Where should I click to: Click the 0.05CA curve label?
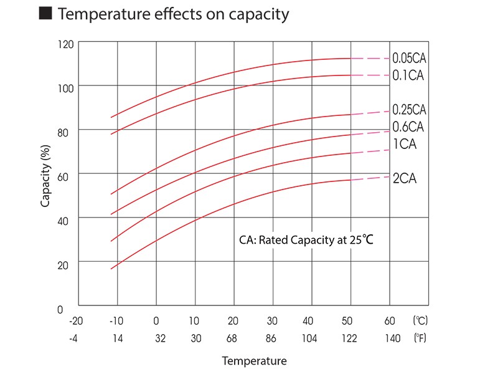click(x=409, y=59)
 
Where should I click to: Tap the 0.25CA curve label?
click(x=409, y=110)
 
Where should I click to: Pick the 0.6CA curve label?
click(x=408, y=127)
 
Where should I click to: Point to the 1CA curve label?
click(x=404, y=145)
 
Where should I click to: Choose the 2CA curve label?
click(x=404, y=179)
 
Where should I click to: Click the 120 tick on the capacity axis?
click(x=67, y=45)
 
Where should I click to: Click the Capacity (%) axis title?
click(x=45, y=177)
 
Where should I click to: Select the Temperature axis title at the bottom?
click(x=254, y=361)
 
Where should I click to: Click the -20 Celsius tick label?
click(x=75, y=321)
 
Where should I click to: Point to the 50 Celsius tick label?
click(x=347, y=321)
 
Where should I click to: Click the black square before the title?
click(x=44, y=14)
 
